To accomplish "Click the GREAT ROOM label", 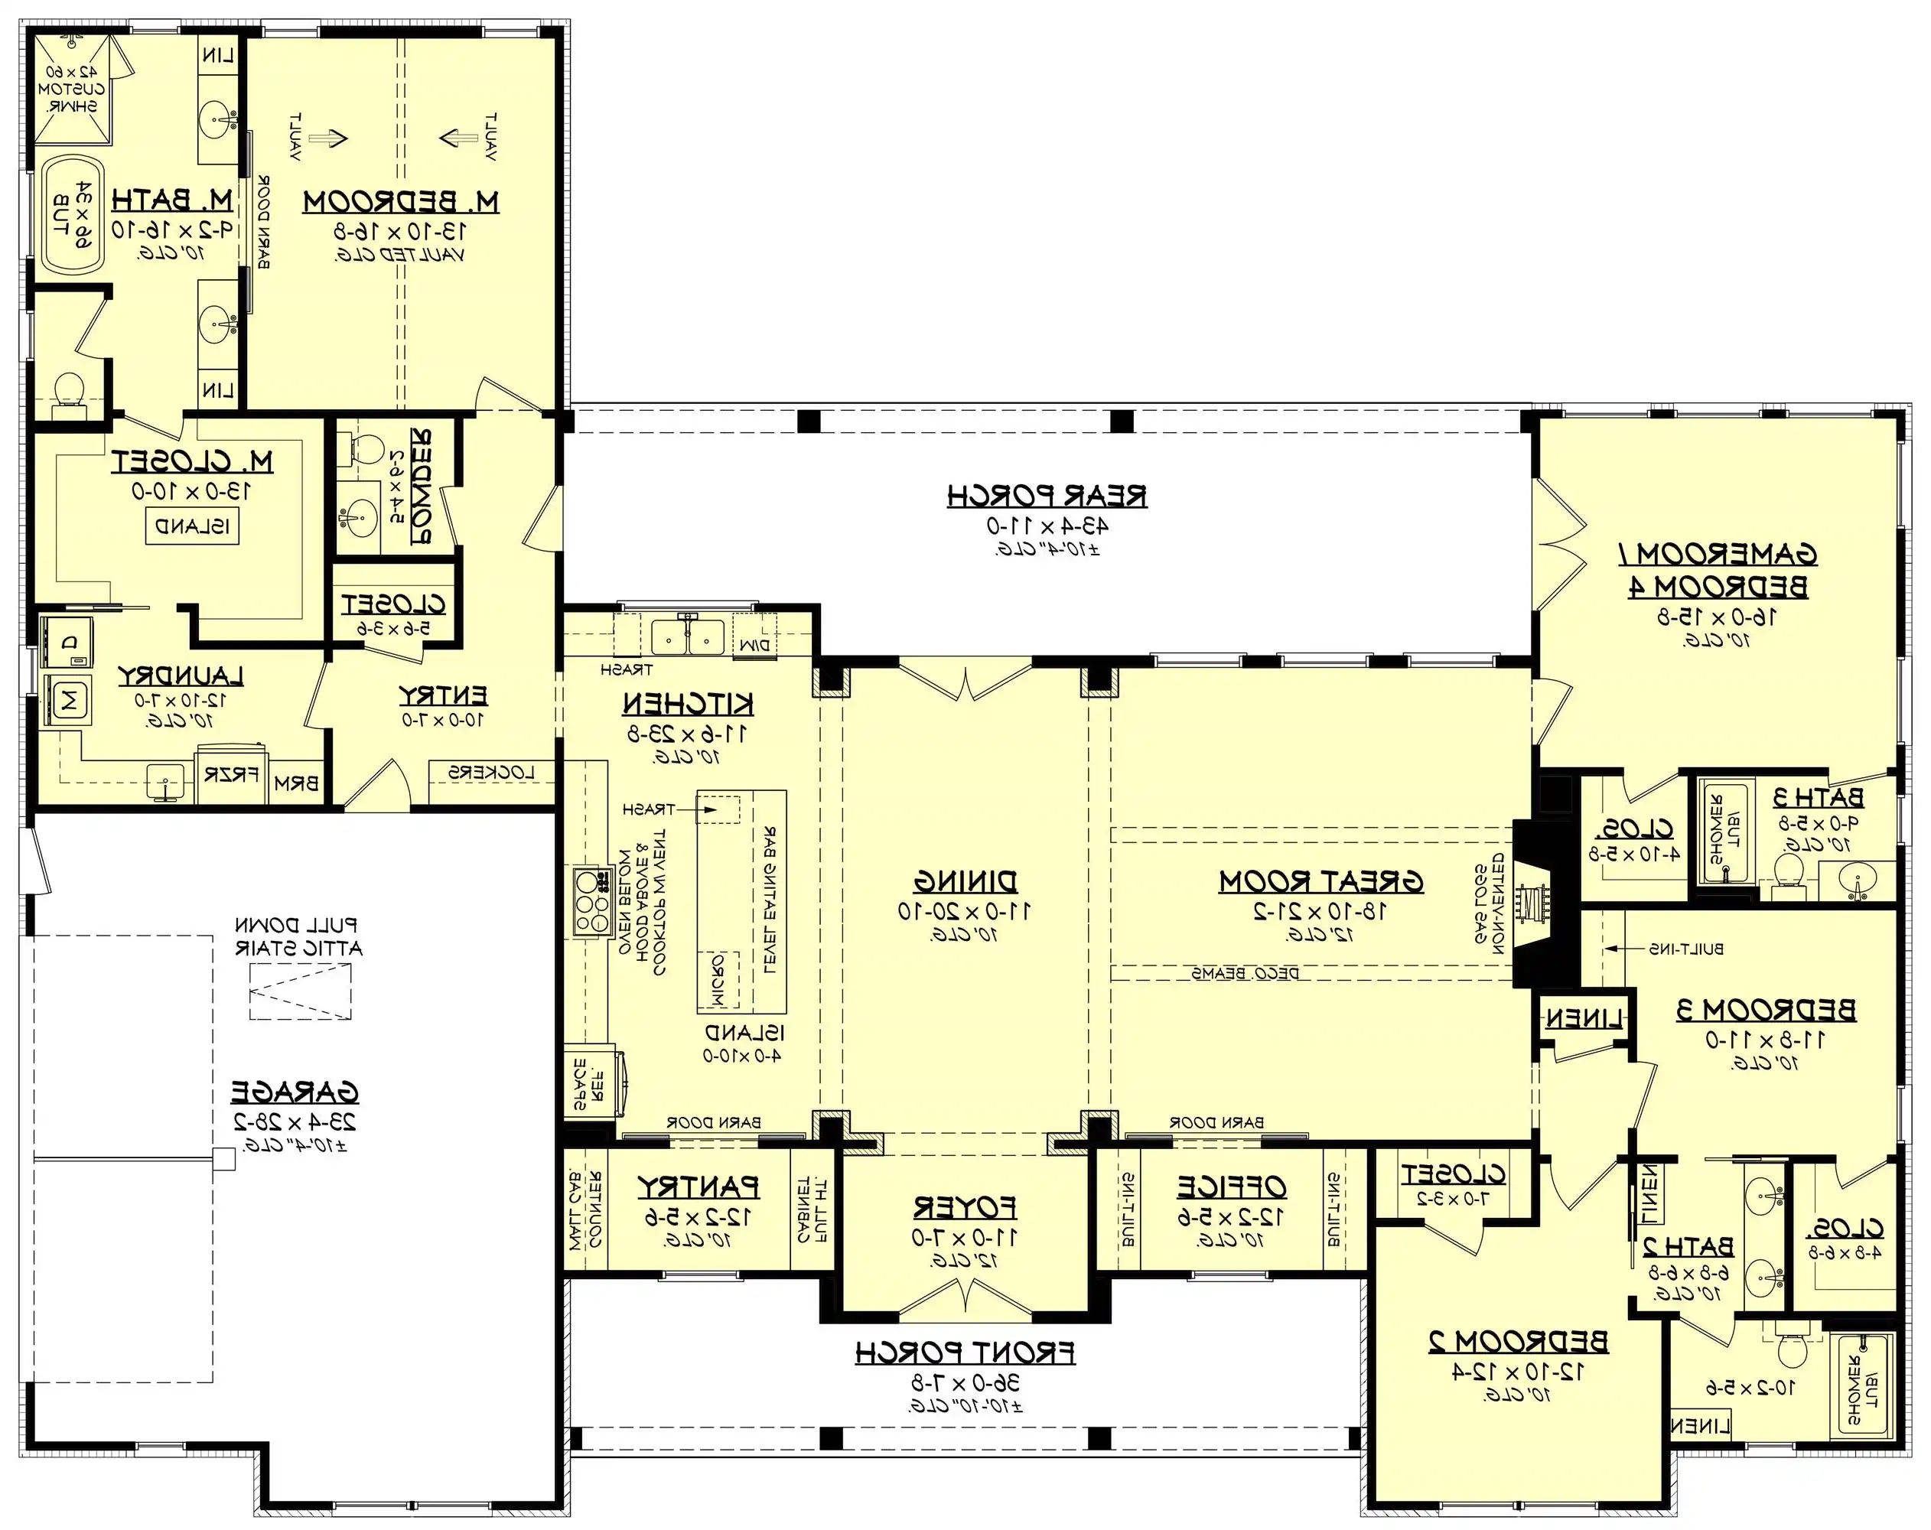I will click(x=1320, y=881).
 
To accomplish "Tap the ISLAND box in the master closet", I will click(x=193, y=527).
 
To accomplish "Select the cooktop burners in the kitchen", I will click(x=591, y=902).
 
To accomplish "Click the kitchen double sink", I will click(x=687, y=638).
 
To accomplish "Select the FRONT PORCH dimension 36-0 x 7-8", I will click(x=965, y=1382).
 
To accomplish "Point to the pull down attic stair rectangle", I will click(x=300, y=991).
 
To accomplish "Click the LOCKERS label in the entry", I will click(x=491, y=772).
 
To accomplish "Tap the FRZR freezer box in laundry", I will click(x=231, y=774).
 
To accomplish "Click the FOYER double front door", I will click(x=965, y=1296).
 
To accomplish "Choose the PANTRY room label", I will click(x=698, y=1187).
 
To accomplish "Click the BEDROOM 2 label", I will click(x=1517, y=1341).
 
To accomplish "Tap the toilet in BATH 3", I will click(x=1788, y=869).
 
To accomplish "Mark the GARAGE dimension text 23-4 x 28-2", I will click(x=295, y=1121).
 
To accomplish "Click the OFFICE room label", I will click(x=1231, y=1187).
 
